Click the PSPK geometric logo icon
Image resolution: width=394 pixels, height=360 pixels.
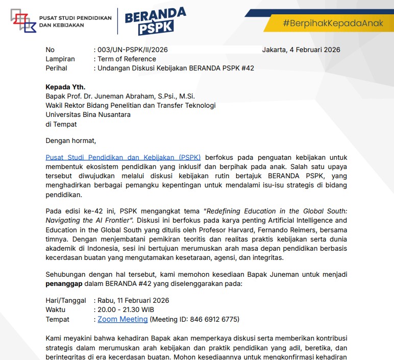[x=23, y=21]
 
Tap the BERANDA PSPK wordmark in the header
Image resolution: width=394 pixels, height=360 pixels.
[x=156, y=21]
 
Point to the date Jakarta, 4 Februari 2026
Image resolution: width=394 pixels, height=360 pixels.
[x=301, y=50]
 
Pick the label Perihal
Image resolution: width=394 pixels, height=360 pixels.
[x=56, y=68]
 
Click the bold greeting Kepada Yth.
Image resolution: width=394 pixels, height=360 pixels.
[x=65, y=87]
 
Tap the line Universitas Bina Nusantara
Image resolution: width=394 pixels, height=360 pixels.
[x=88, y=114]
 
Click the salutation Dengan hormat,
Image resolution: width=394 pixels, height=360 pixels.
[x=70, y=140]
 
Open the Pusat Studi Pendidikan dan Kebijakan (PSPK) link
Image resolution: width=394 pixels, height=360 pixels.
[x=123, y=158]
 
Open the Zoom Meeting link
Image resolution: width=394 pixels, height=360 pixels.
[x=122, y=319]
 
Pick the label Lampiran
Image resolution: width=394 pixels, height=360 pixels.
[x=60, y=59]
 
